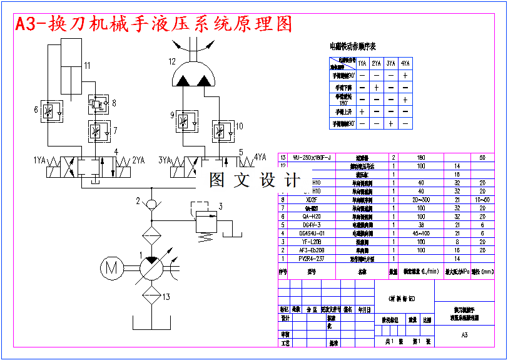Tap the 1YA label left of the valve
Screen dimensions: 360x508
pos(41,160)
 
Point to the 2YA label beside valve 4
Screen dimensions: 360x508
pos(138,160)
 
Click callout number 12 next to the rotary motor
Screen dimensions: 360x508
pos(172,61)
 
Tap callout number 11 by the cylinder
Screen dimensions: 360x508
pos(87,65)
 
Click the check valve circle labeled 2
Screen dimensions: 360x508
pos(151,203)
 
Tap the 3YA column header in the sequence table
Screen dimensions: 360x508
pos(391,63)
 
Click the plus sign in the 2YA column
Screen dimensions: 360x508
pos(377,87)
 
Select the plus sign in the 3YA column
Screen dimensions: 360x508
pos(391,123)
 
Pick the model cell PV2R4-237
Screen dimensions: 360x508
pos(311,258)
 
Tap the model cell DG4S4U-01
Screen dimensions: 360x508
pos(311,233)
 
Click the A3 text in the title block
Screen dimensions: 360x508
pos(464,336)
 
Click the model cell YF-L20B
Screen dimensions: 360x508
pos(311,241)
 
